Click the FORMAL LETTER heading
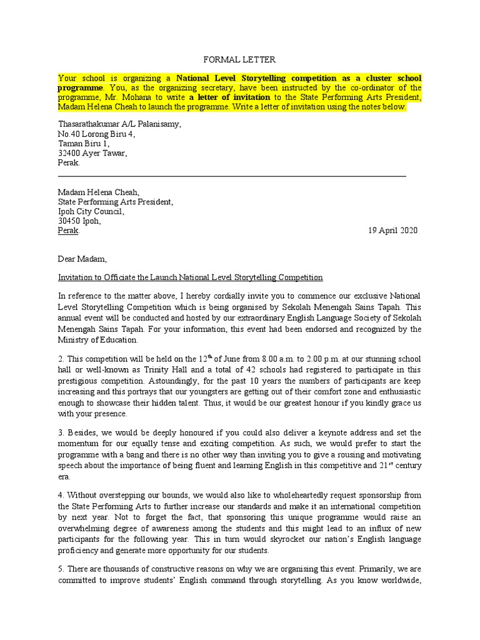239,60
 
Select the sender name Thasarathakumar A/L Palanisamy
119,124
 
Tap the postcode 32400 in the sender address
69,153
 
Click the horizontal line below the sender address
232,177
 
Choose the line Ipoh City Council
91,211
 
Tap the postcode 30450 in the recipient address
69,221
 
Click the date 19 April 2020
392,231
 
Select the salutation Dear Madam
82,259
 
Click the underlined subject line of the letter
190,277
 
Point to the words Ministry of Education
97,340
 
